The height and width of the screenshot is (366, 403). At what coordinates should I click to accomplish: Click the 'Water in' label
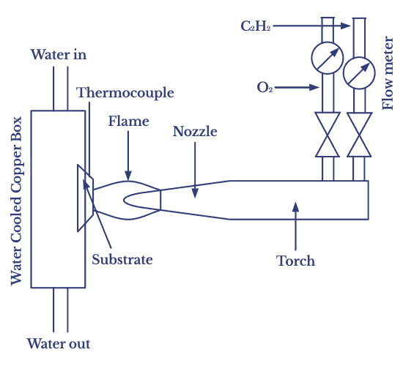[59, 54]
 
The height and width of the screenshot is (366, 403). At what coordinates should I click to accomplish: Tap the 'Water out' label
[58, 343]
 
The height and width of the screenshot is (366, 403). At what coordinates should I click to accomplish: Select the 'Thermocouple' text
[125, 93]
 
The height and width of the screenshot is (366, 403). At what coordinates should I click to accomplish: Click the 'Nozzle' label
[195, 132]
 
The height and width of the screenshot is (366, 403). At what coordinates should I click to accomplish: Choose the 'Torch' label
[295, 261]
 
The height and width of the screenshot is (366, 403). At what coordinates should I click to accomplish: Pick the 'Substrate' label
[122, 258]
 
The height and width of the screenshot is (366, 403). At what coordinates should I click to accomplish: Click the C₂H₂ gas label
[256, 26]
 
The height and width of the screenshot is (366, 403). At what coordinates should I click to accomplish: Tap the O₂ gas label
[265, 87]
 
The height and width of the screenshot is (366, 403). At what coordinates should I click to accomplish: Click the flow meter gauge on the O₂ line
[326, 57]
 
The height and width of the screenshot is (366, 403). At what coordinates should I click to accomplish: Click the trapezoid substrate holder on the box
[84, 198]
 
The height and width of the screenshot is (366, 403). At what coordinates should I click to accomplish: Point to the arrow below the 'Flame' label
[128, 154]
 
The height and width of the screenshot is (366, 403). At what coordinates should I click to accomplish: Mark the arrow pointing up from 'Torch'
[295, 227]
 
